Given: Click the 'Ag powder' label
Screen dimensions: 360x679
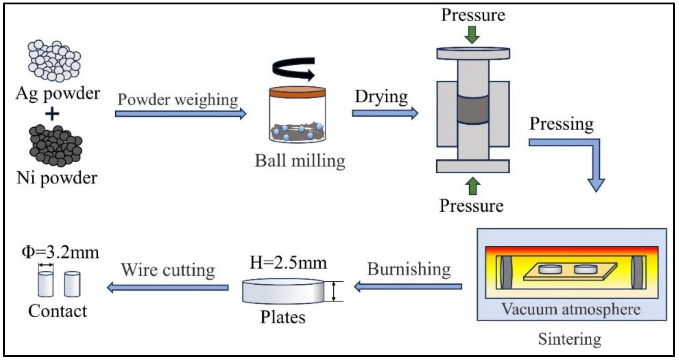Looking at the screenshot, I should coord(58,93).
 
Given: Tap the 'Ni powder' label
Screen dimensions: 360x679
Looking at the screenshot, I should coord(57,178).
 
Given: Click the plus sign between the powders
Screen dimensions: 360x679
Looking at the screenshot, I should coord(52,114).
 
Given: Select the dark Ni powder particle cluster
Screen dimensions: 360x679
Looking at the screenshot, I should coord(56,146).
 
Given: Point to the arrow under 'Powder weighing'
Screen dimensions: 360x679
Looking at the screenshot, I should coord(180,113).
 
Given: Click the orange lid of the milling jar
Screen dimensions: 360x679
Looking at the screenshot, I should coord(297,92).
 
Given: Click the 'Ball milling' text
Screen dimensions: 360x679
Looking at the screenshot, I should coord(300,161).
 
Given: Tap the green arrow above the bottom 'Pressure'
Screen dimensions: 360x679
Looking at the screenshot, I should coord(473,186).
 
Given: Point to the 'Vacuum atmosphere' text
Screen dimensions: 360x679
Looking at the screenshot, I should coord(571,309).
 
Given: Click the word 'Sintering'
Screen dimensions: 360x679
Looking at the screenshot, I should coord(569,339).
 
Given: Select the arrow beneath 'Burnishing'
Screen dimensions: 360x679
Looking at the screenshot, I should coord(408,286).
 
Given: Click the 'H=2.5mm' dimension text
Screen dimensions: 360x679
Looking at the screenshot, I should coord(288,263).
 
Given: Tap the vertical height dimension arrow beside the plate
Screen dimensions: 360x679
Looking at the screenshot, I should coord(334,291).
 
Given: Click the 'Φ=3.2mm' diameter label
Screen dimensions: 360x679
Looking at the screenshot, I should coord(60,252).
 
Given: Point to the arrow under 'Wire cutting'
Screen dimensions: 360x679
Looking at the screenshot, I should coord(167,287).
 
